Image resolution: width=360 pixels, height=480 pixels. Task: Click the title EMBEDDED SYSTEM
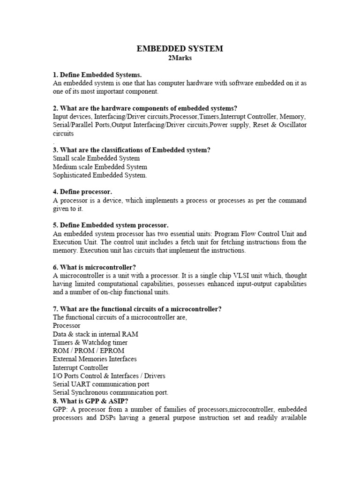tap(180, 48)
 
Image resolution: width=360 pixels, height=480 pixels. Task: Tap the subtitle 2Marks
tap(180, 58)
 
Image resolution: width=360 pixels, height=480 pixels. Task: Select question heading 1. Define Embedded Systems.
tap(97, 75)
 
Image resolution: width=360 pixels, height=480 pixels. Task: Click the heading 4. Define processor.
tap(82, 192)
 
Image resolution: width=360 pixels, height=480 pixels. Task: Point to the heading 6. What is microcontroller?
tap(94, 267)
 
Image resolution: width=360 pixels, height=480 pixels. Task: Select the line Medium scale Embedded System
tap(100, 167)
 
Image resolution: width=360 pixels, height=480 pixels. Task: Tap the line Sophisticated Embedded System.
tap(100, 175)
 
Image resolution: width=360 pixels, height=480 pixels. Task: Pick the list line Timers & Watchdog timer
tap(90, 342)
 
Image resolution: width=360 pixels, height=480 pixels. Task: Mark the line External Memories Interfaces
tap(95, 359)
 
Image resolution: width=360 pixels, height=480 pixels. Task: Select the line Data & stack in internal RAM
tap(96, 334)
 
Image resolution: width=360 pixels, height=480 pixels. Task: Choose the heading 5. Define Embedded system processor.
tap(111, 225)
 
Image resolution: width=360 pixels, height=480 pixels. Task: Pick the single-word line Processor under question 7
tap(67, 325)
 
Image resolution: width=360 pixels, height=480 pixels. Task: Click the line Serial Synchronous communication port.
tap(111, 392)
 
